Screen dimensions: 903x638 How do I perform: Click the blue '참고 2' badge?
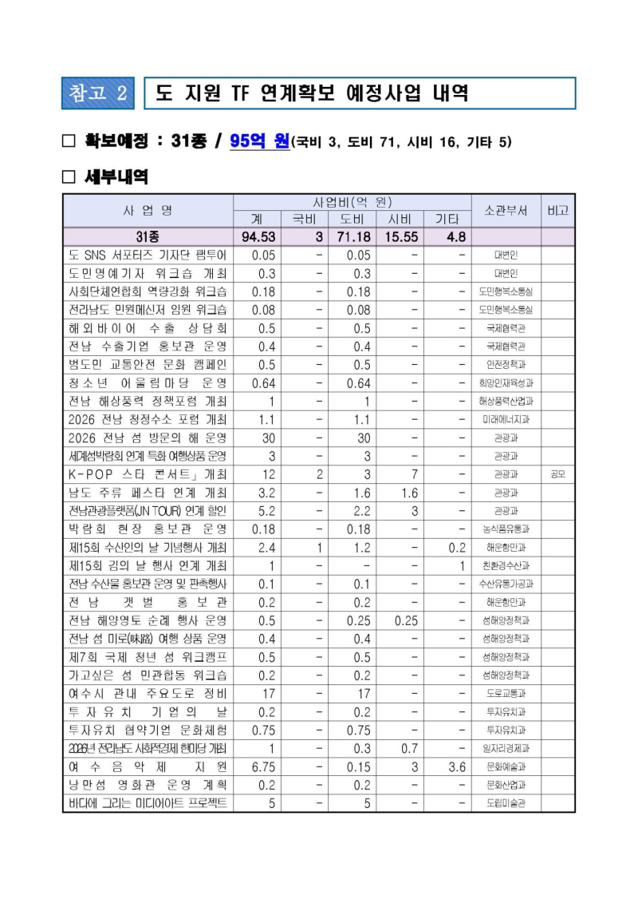99,93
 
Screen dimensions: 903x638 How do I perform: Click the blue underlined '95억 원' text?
259,141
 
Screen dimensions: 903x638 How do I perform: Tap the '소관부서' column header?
506,211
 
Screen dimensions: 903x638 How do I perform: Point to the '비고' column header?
557,211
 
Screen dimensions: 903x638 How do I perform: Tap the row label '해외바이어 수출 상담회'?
148,328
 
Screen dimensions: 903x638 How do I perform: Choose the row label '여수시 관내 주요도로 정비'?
148,693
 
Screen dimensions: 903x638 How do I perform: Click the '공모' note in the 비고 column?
557,474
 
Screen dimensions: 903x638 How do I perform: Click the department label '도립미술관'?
506,803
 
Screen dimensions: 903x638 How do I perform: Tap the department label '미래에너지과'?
506,419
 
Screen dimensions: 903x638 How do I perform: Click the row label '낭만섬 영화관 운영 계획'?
148,785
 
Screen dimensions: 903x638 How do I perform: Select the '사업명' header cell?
148,211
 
